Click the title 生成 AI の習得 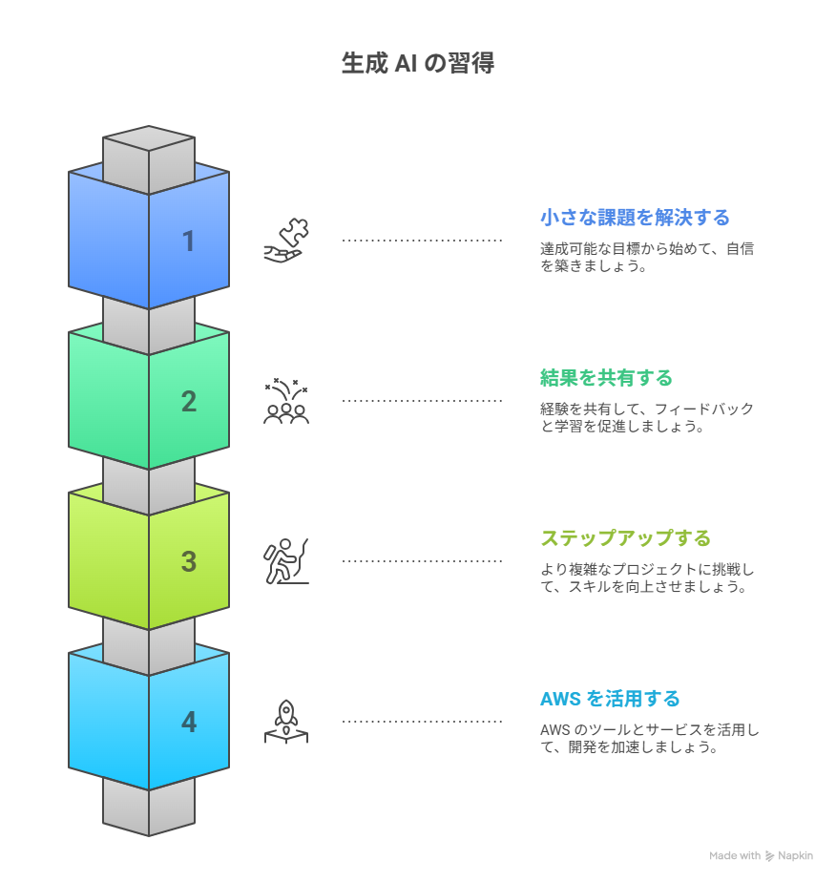pos(418,63)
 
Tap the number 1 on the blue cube pos(189,241)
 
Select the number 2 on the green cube pos(189,402)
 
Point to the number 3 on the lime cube pos(189,562)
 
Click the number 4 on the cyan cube pos(189,723)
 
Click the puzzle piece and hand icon pos(286,241)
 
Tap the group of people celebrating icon pos(286,401)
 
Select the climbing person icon pos(286,561)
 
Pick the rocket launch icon pos(286,722)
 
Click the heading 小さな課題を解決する pos(635,218)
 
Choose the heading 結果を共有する pos(606,378)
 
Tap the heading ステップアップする pos(625,538)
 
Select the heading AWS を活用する pos(610,699)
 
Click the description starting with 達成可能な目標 pos(647,257)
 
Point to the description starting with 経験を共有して pos(647,417)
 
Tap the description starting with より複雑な pos(647,577)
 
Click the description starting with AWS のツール pos(649,738)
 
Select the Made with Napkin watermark pos(761,855)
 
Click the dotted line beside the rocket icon pos(422,721)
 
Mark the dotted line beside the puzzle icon pos(422,241)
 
